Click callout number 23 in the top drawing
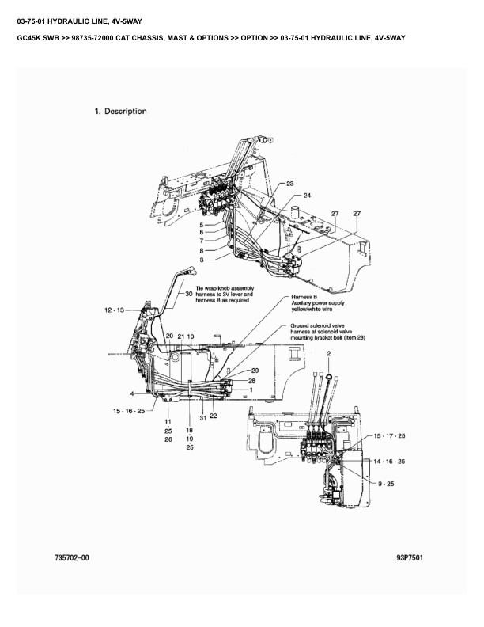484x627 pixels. (x=290, y=184)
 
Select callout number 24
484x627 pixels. (x=307, y=196)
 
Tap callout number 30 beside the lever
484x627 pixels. (x=189, y=293)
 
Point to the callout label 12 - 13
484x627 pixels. (x=114, y=310)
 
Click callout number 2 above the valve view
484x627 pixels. (x=329, y=354)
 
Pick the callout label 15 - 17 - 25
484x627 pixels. (x=389, y=435)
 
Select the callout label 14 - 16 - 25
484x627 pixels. (x=389, y=461)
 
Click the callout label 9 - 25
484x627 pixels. (x=386, y=484)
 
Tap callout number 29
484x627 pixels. (x=255, y=370)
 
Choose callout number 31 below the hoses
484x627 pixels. (x=203, y=418)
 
